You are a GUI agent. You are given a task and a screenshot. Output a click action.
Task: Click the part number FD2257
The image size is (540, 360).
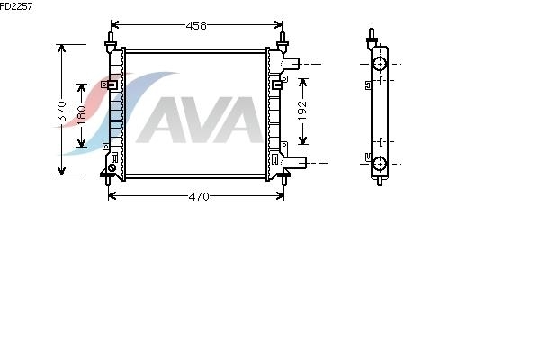16,6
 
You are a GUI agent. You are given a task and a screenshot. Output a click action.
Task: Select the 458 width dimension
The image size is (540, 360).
196,25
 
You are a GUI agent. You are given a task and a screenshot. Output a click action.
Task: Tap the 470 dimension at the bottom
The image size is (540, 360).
199,197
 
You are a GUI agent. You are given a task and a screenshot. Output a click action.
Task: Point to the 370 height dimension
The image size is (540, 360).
62,112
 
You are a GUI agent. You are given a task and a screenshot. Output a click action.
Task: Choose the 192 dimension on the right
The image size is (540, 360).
302,110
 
